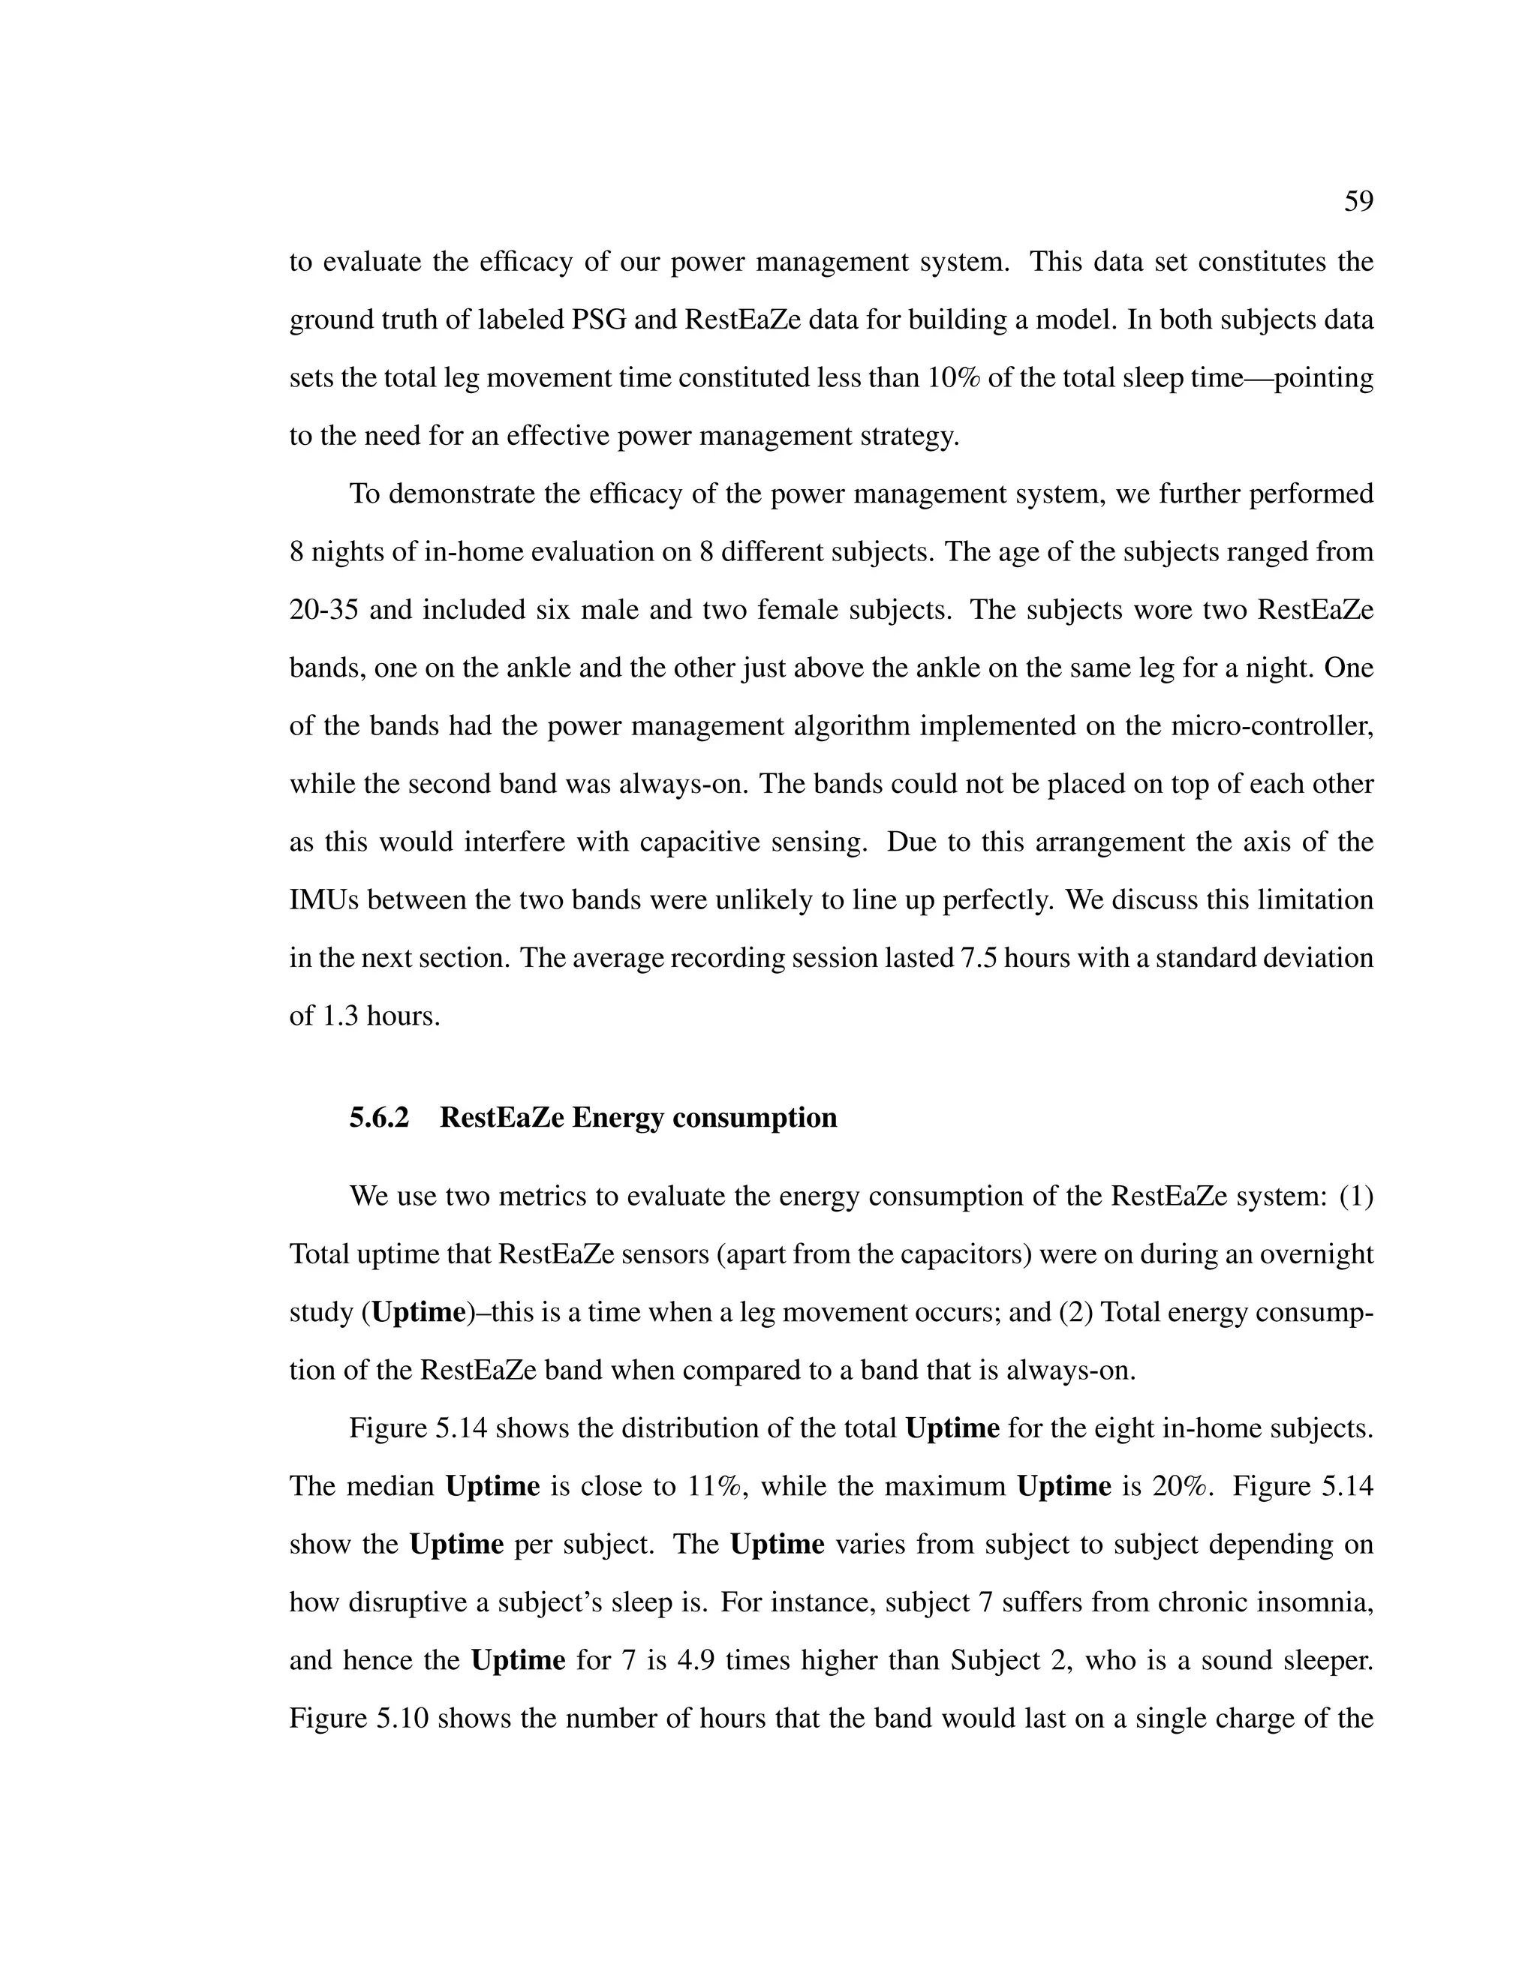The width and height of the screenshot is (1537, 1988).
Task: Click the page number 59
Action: click(1358, 201)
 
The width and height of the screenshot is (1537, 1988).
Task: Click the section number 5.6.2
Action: click(379, 1117)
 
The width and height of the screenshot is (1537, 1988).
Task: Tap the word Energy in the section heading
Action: click(616, 1117)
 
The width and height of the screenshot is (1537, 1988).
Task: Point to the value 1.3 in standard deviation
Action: click(341, 1016)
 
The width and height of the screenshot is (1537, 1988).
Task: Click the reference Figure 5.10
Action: click(359, 1719)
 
